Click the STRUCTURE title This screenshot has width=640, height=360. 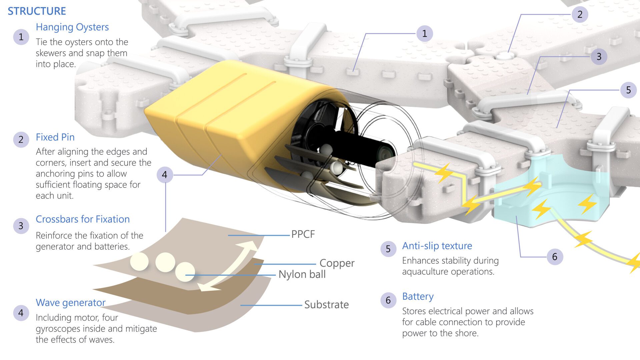pos(37,11)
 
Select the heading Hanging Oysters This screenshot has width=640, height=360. pos(72,27)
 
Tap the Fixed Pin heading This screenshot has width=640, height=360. pos(55,137)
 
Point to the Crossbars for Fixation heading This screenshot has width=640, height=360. pos(83,219)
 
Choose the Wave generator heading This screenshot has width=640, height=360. pos(71,302)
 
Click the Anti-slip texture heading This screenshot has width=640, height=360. pos(437,246)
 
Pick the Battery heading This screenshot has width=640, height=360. pos(418,296)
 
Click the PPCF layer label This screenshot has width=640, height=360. pos(303,234)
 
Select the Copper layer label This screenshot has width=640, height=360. pos(337,263)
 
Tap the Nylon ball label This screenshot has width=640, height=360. pos(302,274)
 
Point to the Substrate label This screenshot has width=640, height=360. pos(326,304)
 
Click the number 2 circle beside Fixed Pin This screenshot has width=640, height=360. pos(21,139)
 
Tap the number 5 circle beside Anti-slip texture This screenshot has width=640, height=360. pos(388,249)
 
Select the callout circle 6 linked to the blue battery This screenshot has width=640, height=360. pos(555,257)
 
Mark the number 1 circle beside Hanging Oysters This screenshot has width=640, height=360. pos(21,37)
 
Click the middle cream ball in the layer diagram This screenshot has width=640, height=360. pos(165,262)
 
